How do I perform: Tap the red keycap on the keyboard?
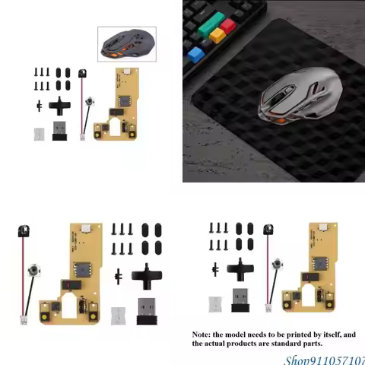click(227, 26)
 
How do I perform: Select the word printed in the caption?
click(311, 335)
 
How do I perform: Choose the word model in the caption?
click(245, 335)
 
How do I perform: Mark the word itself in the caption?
click(341, 335)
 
